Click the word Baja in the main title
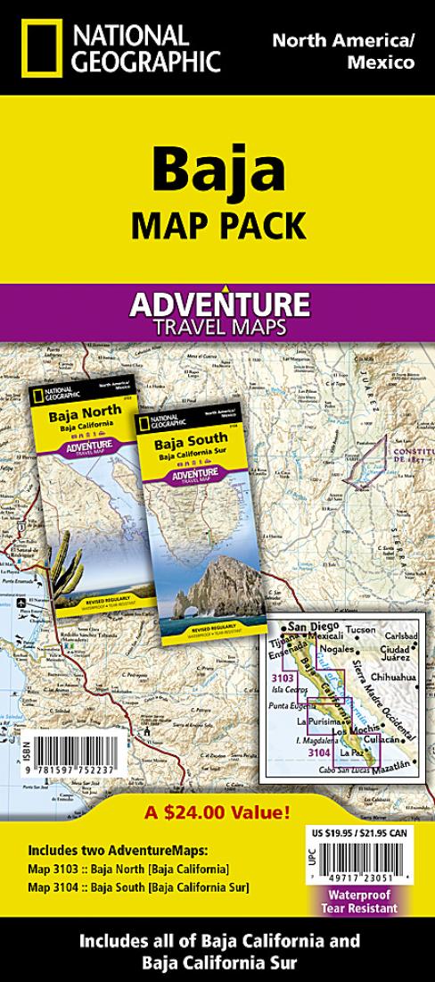click(x=217, y=167)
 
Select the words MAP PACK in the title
click(x=217, y=223)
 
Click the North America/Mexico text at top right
click(x=343, y=51)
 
